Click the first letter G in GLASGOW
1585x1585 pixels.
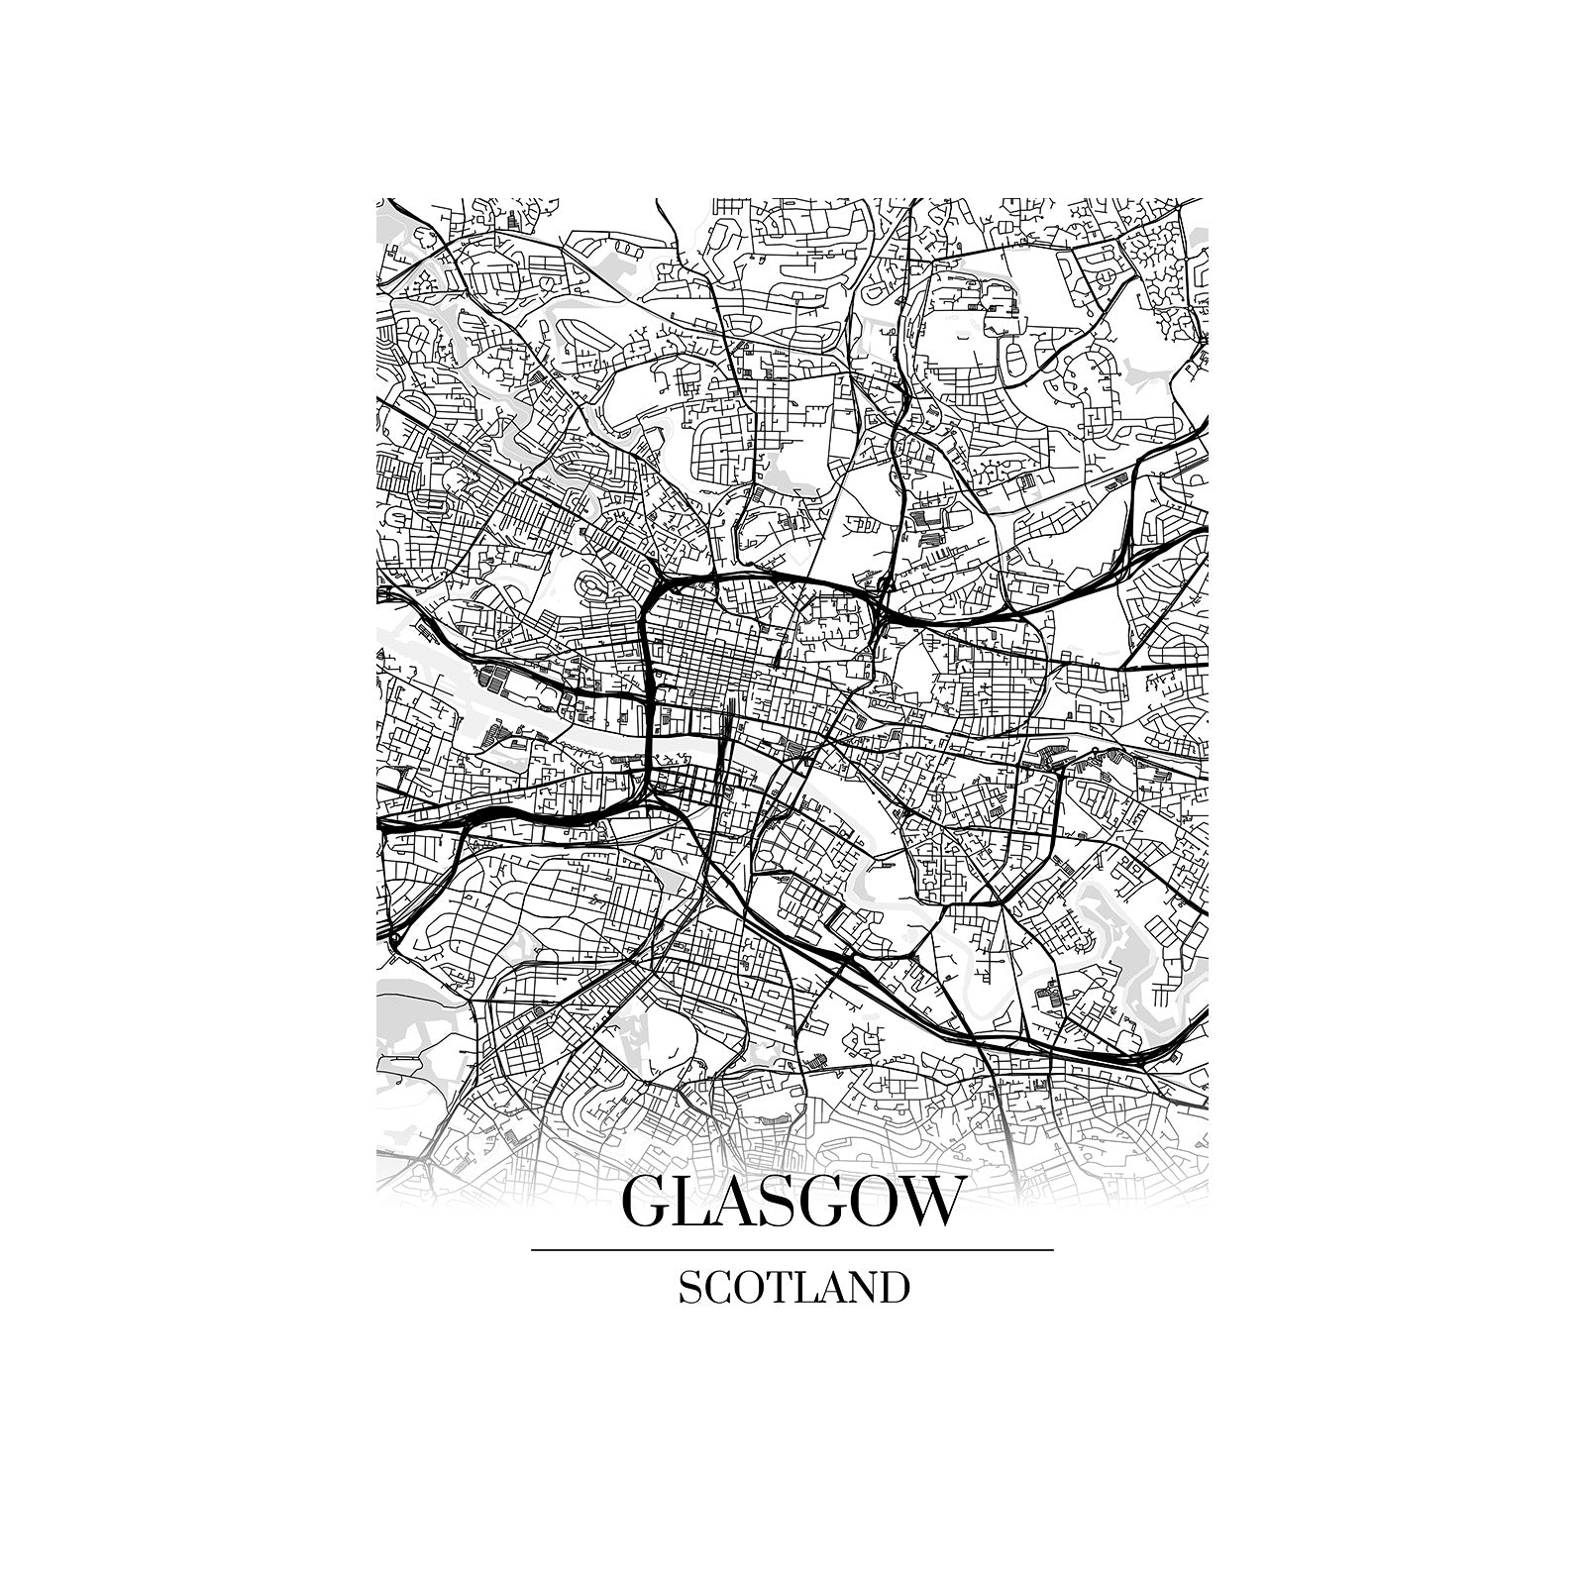click(x=646, y=1203)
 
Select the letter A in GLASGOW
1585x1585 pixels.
click(x=740, y=1203)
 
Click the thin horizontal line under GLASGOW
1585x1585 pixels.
click(x=792, y=1250)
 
